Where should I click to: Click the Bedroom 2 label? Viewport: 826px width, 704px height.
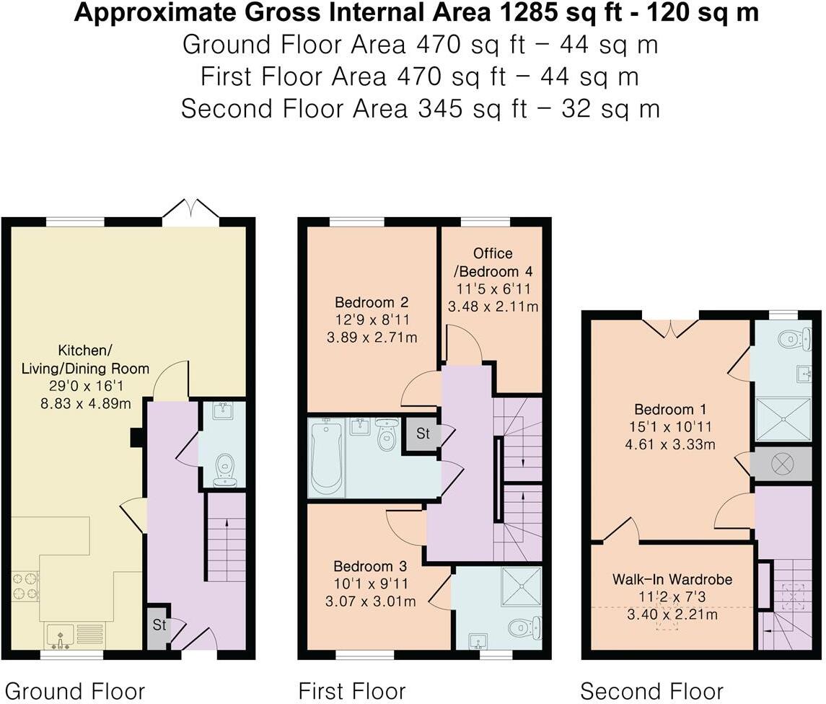(372, 302)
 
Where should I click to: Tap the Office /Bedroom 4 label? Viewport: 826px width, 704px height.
(493, 263)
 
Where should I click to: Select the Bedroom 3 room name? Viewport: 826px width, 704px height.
(370, 566)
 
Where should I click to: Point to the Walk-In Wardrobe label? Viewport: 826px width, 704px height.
(672, 579)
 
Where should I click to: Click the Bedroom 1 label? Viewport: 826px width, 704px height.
(671, 409)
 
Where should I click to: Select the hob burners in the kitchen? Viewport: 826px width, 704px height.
(25, 586)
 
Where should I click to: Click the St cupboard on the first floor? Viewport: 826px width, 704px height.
(422, 434)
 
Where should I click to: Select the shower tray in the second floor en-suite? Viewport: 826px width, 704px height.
(783, 419)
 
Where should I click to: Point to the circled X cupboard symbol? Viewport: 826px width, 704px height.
(782, 464)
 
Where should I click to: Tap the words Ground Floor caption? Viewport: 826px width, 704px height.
(75, 691)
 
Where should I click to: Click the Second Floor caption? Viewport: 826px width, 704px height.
(651, 691)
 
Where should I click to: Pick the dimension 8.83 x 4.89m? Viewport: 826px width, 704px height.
(86, 404)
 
